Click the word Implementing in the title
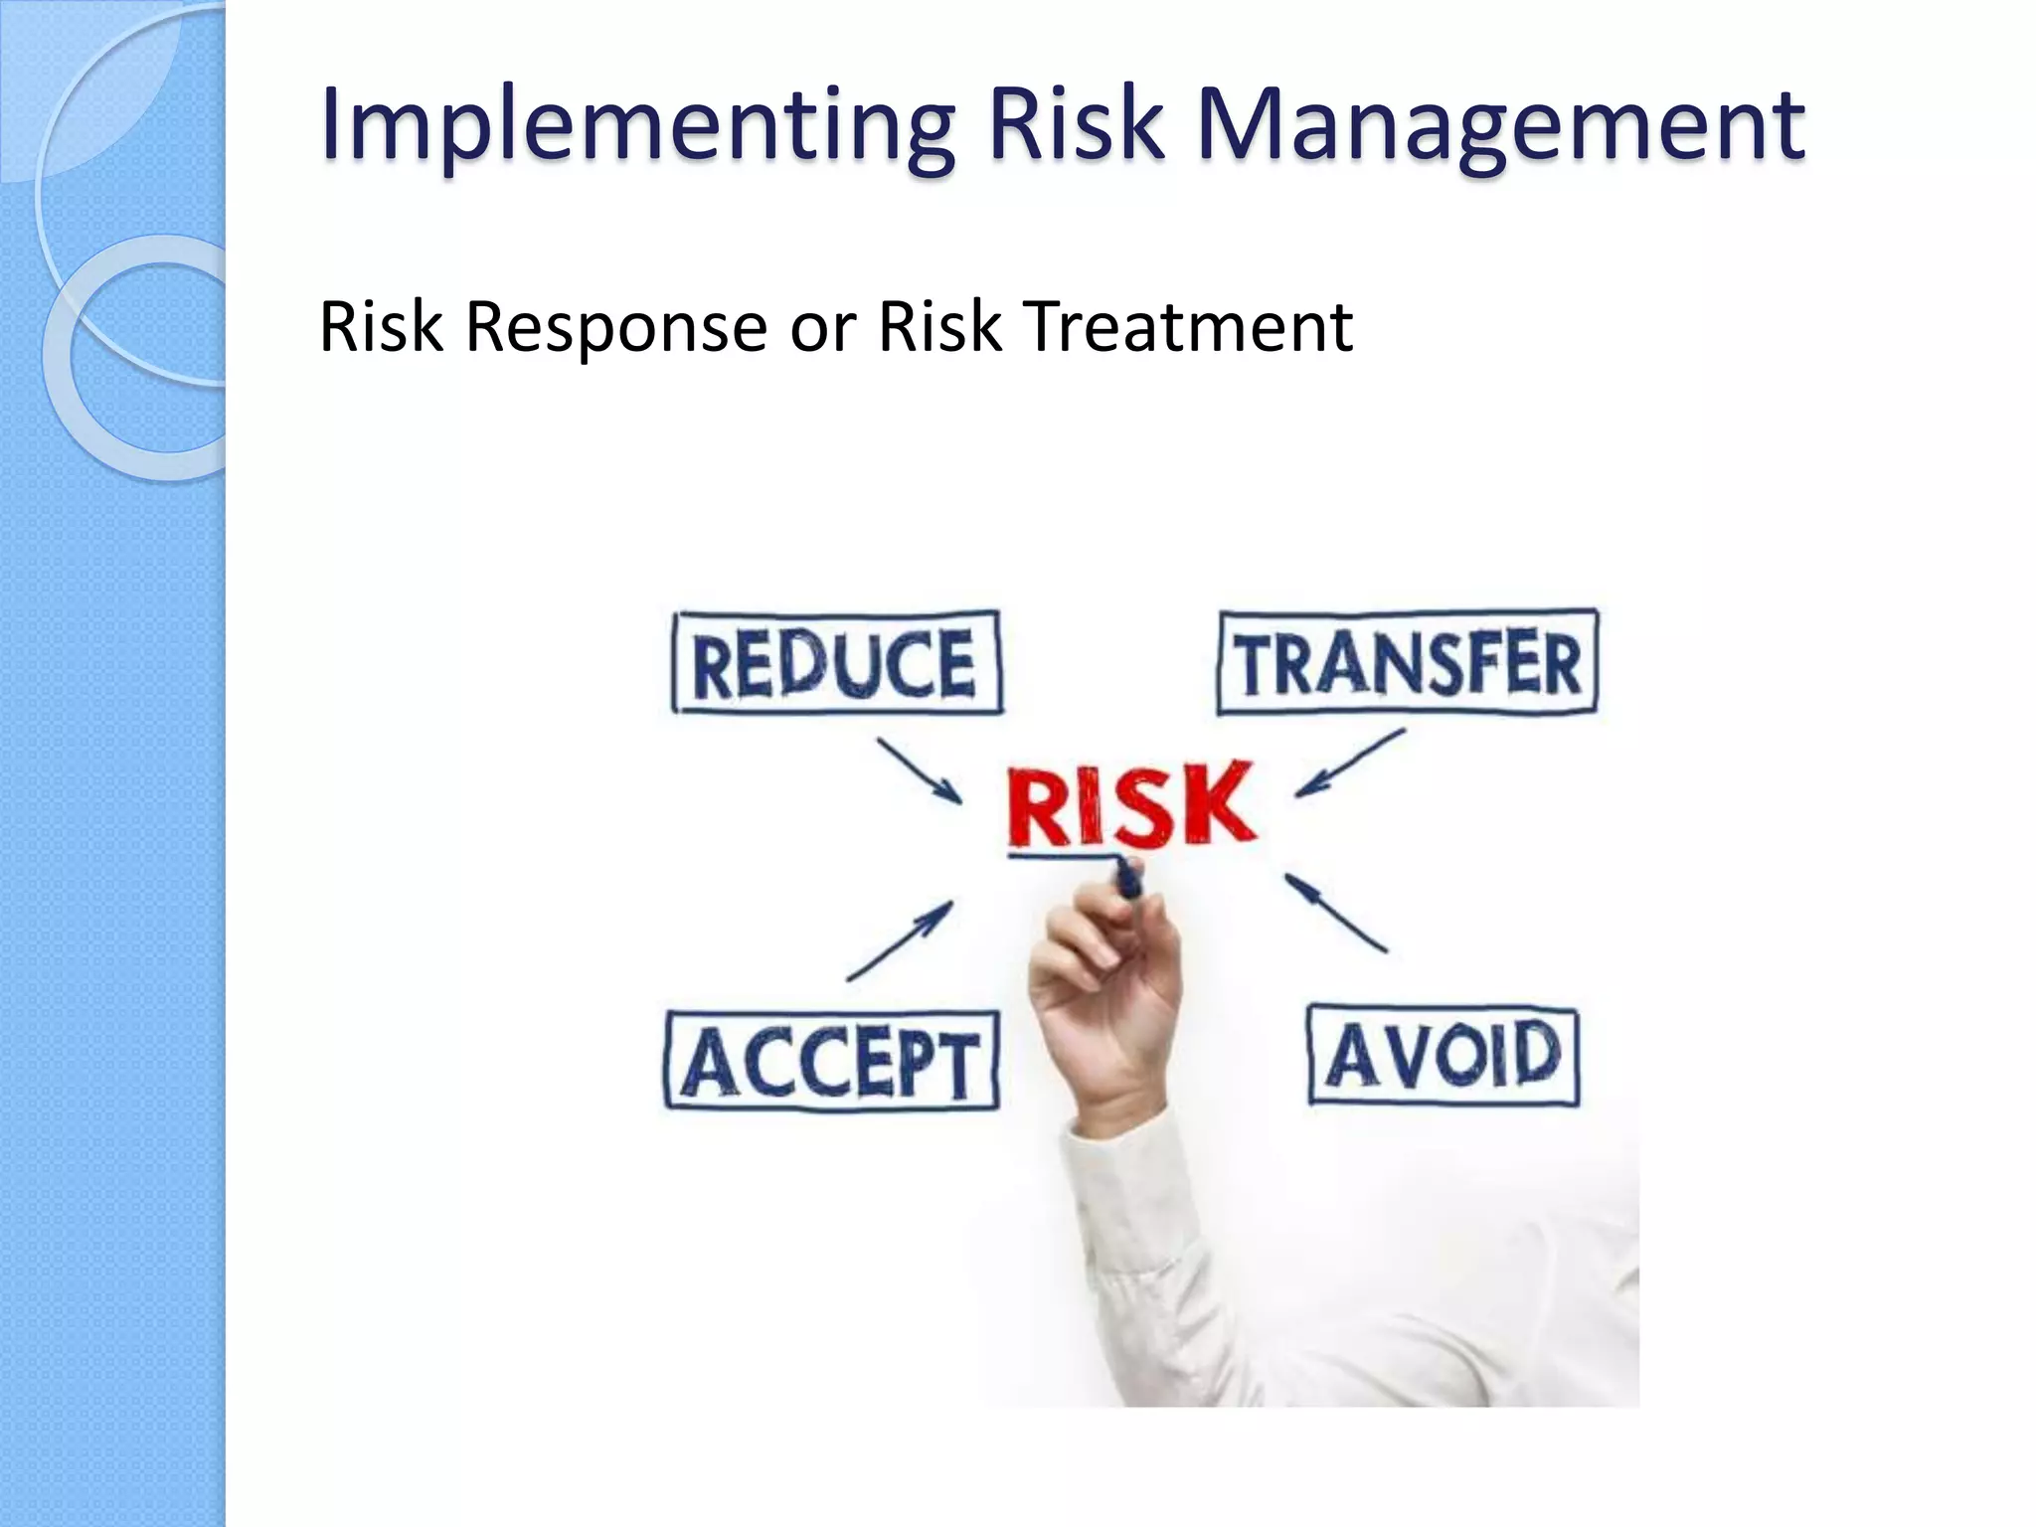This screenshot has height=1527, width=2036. [x=636, y=127]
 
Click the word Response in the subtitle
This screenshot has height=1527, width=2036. [x=616, y=328]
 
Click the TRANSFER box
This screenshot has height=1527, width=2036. [x=1407, y=662]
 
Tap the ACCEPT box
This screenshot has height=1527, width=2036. [x=831, y=1061]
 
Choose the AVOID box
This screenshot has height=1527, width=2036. [x=1442, y=1056]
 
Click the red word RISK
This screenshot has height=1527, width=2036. [x=1131, y=805]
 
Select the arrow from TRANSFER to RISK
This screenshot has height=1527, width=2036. [x=1350, y=763]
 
